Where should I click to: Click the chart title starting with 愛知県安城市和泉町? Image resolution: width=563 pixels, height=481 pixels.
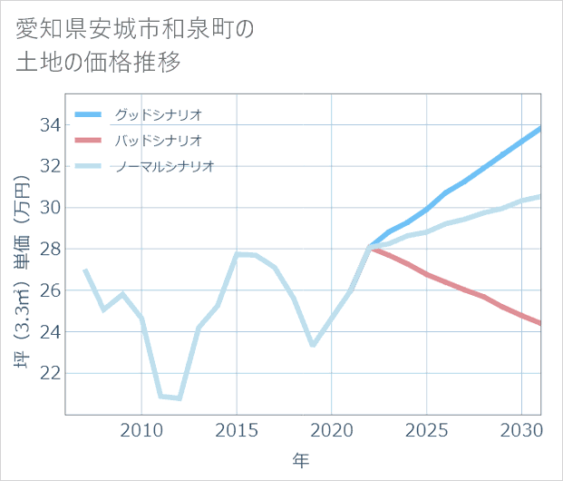coord(136,45)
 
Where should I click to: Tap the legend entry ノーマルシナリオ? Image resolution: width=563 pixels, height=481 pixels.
coord(164,166)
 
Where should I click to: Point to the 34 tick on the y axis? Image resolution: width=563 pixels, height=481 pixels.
coord(50,124)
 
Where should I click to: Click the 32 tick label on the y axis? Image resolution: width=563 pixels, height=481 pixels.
coord(50,166)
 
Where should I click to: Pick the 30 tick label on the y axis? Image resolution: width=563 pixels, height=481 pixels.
coord(50,207)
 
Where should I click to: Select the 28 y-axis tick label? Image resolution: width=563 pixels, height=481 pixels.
coord(50,249)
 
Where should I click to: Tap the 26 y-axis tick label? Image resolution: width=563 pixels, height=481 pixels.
coord(50,290)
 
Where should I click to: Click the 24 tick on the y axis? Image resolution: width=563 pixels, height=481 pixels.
coord(50,331)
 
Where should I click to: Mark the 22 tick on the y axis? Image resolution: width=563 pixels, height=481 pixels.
coord(50,373)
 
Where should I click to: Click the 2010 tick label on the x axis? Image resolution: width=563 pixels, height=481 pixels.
coord(141,429)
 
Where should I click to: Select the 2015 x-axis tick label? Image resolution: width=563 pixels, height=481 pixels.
coord(237,429)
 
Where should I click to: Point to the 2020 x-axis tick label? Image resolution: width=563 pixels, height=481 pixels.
coord(332,429)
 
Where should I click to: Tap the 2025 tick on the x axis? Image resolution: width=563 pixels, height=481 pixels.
coord(427,429)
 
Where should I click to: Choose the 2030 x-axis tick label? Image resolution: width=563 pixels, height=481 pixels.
coord(521,429)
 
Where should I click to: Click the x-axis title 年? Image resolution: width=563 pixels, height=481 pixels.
coord(301,460)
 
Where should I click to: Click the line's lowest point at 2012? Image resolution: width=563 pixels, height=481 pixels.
coord(180,398)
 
